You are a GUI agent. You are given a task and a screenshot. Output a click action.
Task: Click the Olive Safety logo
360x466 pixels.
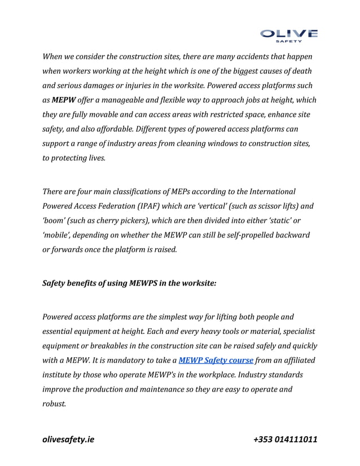(289, 34)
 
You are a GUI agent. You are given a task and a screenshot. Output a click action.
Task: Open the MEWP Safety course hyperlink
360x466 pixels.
(216, 360)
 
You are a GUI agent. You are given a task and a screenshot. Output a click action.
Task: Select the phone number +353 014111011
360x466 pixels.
(285, 439)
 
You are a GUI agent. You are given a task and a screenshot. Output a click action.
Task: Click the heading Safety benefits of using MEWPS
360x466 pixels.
(129, 283)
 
